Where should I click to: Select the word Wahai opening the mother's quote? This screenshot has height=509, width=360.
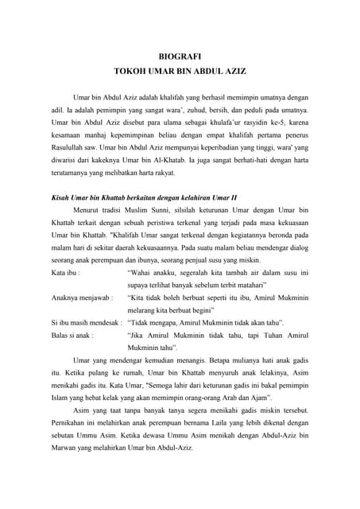pyautogui.click(x=141, y=271)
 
